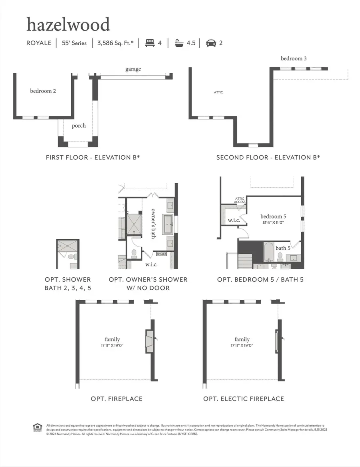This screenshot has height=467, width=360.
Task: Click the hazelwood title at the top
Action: point(68,25)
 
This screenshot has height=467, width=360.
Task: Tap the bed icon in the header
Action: point(150,43)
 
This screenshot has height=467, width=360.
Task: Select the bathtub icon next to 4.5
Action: point(180,43)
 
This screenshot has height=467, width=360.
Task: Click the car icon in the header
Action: point(211,43)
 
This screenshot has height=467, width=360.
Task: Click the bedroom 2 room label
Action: point(43,91)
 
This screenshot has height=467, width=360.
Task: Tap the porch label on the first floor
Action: point(79,126)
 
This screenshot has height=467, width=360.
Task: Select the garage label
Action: point(133,69)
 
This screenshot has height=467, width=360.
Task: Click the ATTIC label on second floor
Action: point(218,92)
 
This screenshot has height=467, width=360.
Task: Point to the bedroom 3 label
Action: point(294,58)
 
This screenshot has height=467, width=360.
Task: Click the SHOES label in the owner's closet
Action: point(161,254)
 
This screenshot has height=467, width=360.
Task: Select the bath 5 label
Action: point(283,248)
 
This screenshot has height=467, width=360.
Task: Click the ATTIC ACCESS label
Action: point(240,200)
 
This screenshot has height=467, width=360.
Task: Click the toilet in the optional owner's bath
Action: point(134,253)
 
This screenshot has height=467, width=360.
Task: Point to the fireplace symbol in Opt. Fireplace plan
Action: point(149,341)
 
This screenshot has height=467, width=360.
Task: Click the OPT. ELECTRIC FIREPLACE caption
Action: point(244,399)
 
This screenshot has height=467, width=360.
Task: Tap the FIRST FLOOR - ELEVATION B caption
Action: point(93,157)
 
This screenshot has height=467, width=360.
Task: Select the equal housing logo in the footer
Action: point(37,427)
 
